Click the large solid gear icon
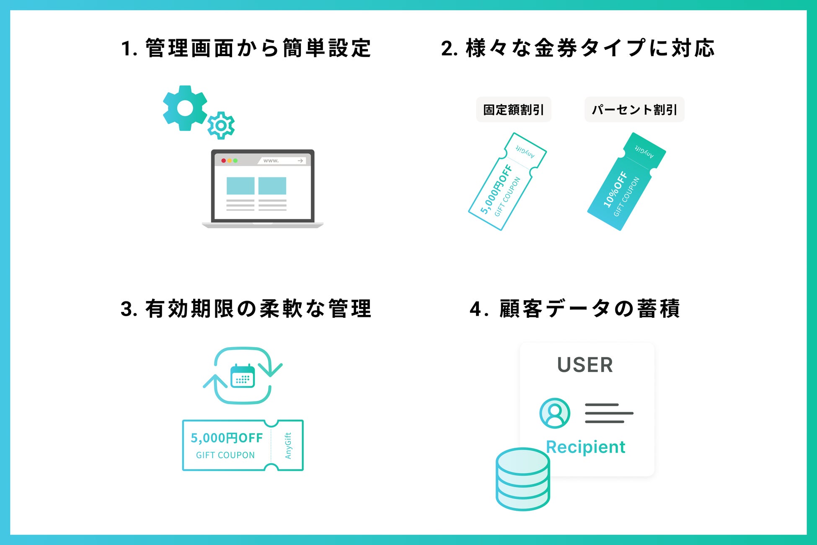coord(185,108)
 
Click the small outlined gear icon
coord(221,125)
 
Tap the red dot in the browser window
coord(223,161)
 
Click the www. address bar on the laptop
coord(282,161)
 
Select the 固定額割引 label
coord(513,110)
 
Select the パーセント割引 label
coord(634,110)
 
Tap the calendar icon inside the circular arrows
coord(243,376)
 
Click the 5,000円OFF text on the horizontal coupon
coord(227,438)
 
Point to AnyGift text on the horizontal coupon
coord(288,446)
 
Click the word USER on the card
coord(585,365)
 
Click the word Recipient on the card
coord(585,447)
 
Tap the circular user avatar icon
coord(555,413)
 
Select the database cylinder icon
coord(522,479)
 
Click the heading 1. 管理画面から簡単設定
coord(246,48)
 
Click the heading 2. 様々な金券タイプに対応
coord(578,48)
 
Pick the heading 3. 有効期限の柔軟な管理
coord(246,309)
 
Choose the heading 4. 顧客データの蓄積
coord(574,309)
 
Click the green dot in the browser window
coord(235,161)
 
